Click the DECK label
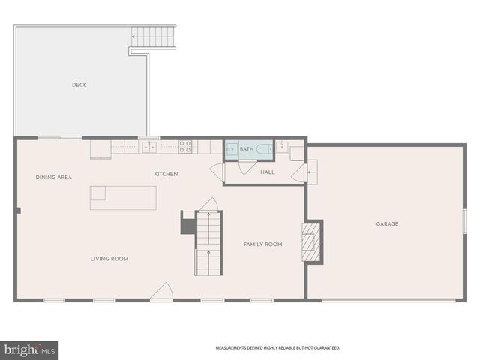(79, 85)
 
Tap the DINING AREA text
(54, 177)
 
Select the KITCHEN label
(166, 174)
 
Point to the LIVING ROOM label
(109, 259)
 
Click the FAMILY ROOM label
(262, 244)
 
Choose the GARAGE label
(388, 223)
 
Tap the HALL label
(268, 172)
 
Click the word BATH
(247, 149)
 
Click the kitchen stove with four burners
(184, 146)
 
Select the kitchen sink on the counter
(149, 147)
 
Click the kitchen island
(123, 197)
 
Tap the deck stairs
(153, 35)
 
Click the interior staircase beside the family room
(208, 242)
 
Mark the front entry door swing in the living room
(160, 292)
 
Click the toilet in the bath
(264, 149)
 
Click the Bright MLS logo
(29, 349)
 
